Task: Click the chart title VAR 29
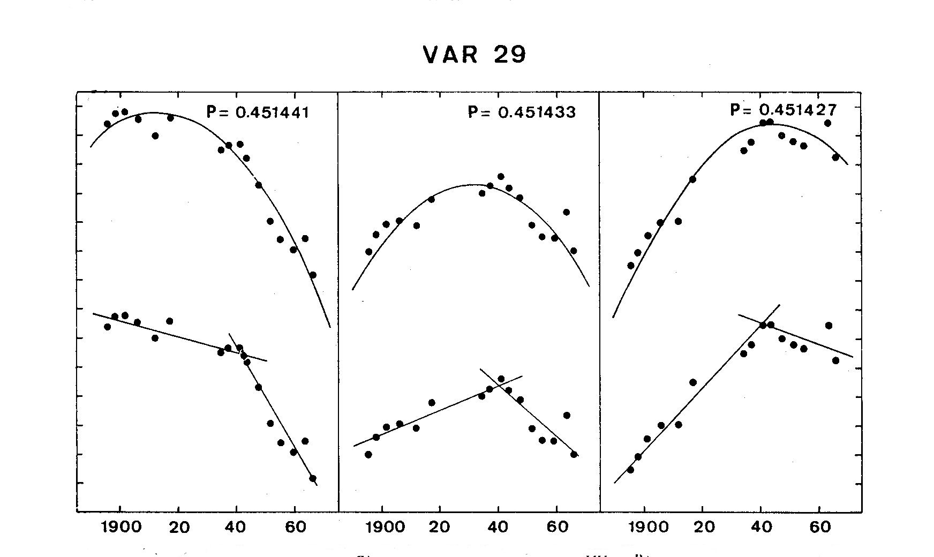474,55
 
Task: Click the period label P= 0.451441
258,112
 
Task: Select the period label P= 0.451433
522,112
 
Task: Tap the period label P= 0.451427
783,110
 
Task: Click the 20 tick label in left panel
179,527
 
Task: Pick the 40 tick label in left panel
237,527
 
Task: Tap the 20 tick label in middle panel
440,527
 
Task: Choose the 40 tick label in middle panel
499,527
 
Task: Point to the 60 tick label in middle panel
557,527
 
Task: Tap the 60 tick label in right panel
819,527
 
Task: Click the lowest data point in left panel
313,478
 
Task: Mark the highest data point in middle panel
501,176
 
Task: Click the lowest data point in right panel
630,470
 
